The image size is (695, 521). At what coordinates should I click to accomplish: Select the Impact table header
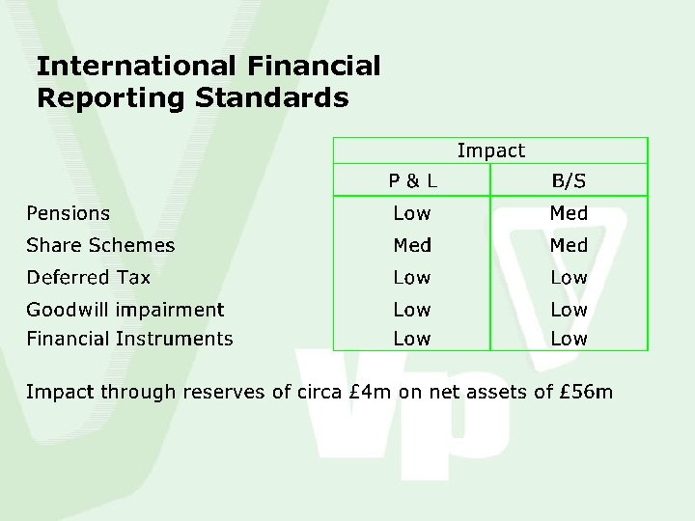point(490,151)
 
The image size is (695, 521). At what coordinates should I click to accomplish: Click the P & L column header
point(412,180)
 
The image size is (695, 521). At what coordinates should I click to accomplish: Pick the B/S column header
point(569,180)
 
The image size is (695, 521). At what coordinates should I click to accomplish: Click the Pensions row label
point(68,213)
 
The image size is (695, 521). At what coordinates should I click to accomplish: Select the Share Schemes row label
point(100,245)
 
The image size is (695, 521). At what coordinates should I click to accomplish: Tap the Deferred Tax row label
point(88,278)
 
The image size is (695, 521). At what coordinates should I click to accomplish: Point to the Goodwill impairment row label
point(125,310)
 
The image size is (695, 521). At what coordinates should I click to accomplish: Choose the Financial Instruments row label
point(129,339)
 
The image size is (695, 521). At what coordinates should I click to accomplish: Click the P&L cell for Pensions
point(412,213)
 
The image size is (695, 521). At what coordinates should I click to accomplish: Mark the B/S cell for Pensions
point(569,213)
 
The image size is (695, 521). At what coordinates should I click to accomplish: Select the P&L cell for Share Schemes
point(412,245)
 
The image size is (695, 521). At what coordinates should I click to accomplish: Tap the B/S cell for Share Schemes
point(569,245)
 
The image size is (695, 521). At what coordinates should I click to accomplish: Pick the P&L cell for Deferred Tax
point(412,278)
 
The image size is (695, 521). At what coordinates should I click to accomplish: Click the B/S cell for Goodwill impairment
point(569,310)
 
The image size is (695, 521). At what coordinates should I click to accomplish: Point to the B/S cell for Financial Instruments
point(569,339)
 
